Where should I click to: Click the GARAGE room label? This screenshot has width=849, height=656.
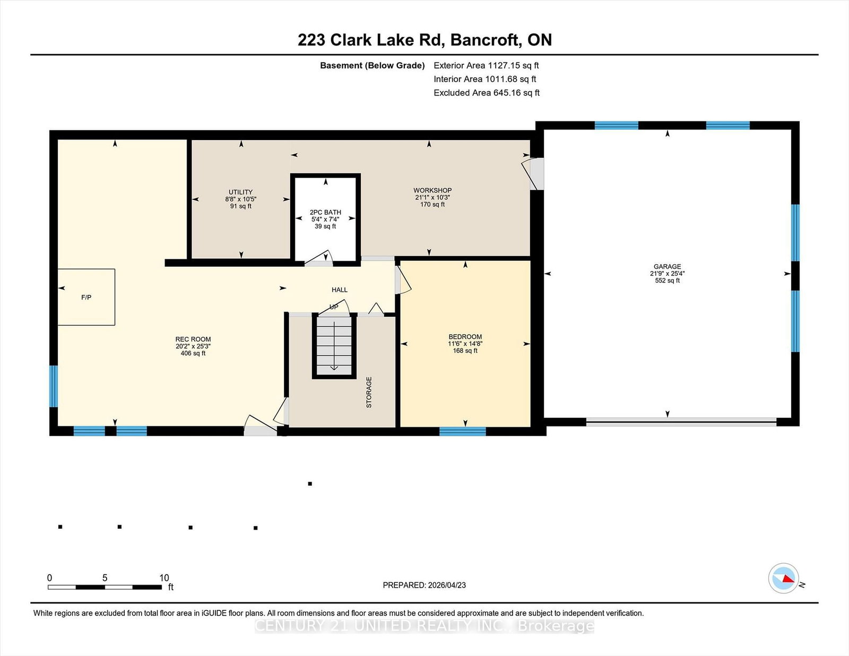tap(667, 267)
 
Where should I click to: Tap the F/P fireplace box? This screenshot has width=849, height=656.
tap(86, 297)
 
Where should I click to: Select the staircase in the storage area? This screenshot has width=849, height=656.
tap(334, 345)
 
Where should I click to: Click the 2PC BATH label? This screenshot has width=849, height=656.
tap(325, 212)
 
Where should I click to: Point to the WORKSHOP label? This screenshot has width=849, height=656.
tap(432, 190)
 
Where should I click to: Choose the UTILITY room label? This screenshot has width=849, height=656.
tap(240, 192)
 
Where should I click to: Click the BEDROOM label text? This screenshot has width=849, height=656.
tap(465, 337)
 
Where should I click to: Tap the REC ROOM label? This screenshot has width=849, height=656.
tap(193, 339)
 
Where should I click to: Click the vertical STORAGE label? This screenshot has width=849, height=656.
tap(369, 392)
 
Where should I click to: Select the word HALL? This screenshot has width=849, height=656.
tap(340, 290)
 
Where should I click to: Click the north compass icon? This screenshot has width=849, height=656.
tap(784, 579)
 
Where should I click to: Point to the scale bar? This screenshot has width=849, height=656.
tap(105, 587)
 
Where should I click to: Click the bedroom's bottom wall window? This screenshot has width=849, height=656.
tap(462, 431)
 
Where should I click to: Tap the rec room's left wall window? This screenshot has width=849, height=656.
tap(54, 386)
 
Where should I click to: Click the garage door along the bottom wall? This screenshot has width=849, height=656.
tap(681, 423)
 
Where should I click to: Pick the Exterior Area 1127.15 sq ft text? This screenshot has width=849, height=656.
tap(486, 66)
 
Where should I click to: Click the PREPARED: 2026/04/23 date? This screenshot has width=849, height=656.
tap(424, 585)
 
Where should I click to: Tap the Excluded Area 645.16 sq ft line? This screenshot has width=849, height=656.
tap(487, 93)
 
